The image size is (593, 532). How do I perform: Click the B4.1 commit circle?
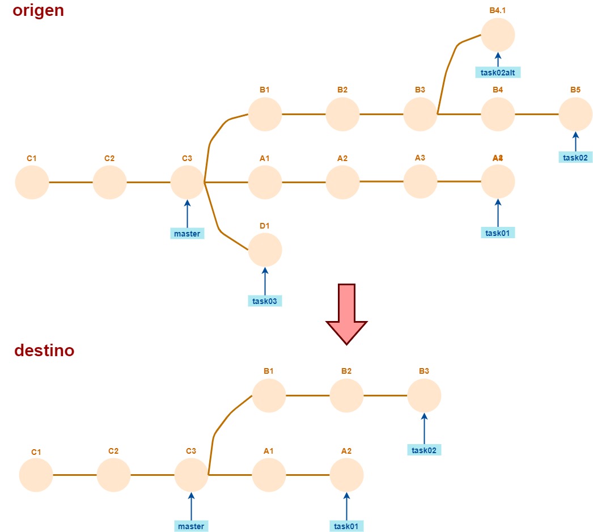point(498,35)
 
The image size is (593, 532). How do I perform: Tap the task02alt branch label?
point(498,72)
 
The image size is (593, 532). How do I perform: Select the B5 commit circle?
point(575,114)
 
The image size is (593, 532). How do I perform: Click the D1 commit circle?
point(265,250)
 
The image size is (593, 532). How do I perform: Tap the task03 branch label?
point(265,301)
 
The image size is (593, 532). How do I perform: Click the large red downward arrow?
point(346,313)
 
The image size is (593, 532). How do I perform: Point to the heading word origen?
point(38,11)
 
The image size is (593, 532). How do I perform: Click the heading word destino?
point(44,351)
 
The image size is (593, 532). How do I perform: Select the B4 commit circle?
point(498,114)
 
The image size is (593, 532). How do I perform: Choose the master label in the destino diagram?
point(191,526)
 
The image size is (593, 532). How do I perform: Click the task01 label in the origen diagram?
point(498,233)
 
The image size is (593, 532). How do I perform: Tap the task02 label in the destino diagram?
point(424,450)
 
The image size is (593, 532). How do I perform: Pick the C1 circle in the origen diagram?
point(32,183)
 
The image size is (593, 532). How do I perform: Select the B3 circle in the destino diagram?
point(424,395)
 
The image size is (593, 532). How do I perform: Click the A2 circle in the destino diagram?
point(346,475)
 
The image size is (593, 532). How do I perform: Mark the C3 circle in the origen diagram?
point(187,183)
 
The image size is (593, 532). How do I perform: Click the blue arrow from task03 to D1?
point(265,281)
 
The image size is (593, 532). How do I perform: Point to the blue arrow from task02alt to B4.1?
point(498,60)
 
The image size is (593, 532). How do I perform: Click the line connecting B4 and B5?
point(537,114)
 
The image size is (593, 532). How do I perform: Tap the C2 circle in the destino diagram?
point(113,475)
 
